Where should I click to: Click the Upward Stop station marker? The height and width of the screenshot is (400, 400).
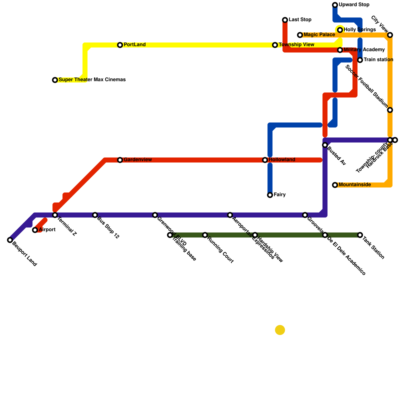point(335,5)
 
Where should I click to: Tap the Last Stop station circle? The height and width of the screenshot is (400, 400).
point(285,20)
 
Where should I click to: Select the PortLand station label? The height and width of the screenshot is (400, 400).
point(134,45)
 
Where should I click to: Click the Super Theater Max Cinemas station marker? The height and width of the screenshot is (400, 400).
point(55,80)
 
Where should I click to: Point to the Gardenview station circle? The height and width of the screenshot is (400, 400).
point(120,160)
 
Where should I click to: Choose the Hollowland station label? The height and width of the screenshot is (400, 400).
point(282,160)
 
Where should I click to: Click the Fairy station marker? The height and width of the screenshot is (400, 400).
point(270,195)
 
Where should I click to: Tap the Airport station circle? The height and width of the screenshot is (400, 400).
point(35,230)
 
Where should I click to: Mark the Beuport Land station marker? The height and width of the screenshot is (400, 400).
point(10,240)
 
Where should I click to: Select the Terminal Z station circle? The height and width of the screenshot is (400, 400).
point(55,215)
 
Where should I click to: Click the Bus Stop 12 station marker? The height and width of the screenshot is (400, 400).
point(95,215)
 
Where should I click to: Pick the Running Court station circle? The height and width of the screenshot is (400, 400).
point(205,235)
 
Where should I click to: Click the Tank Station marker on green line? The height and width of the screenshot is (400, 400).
point(360,235)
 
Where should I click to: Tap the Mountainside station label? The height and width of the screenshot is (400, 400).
point(355,185)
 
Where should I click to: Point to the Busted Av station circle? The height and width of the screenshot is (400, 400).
point(325,145)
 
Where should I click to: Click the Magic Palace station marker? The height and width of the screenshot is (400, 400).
point(300,35)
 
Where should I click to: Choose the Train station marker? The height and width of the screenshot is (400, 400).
point(360,60)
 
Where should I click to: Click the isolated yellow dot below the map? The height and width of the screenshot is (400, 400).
point(280,330)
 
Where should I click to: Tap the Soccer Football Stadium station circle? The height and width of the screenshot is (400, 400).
point(390,110)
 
